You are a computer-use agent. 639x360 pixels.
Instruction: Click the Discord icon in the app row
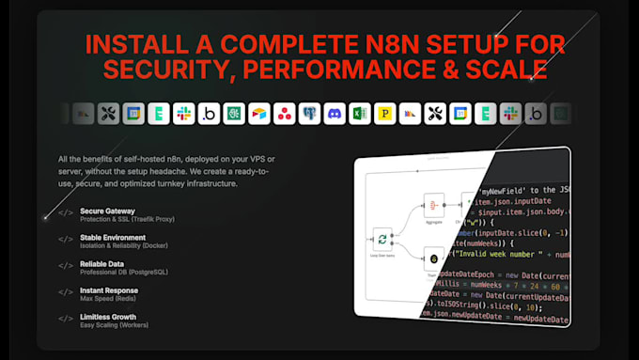click(334, 114)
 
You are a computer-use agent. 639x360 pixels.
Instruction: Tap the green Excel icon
click(359, 114)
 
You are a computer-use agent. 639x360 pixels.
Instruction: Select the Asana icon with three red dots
click(284, 114)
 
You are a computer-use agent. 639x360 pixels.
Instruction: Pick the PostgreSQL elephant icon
click(308, 114)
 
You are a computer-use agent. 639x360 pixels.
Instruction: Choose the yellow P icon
click(384, 114)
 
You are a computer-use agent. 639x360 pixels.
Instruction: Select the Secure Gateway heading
click(108, 211)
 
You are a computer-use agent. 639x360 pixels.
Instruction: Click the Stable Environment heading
click(114, 238)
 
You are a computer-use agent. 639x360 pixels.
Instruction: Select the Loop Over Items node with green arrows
click(382, 243)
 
